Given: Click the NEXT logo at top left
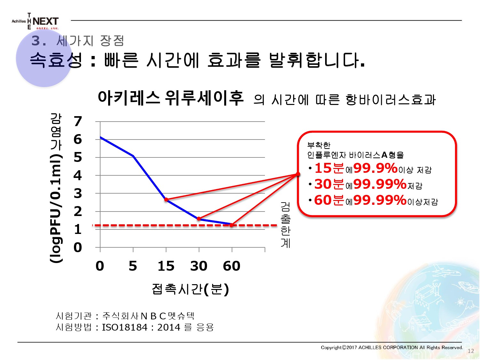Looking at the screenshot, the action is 35,21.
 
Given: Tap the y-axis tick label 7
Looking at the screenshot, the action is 78,121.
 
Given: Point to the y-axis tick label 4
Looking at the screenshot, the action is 78,175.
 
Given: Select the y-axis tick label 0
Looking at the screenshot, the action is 78,247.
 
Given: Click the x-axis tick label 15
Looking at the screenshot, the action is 166,266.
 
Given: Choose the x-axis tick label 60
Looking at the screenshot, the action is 232,266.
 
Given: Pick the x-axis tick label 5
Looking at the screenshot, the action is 133,266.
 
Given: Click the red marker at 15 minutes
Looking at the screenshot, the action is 166,200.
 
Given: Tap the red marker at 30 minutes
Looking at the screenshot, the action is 199,219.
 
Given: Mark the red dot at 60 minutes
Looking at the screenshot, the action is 232,225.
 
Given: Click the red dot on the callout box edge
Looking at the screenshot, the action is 298,174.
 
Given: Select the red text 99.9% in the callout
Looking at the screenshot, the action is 375,168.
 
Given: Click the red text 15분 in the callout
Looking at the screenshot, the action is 329,168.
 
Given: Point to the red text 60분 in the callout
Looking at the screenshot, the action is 329,200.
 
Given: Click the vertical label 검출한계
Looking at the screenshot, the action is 285,225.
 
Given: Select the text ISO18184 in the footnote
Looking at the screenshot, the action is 125,327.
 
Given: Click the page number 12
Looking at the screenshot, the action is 471,351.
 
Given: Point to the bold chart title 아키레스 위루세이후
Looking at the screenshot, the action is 171,98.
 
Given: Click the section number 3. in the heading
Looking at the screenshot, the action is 39,41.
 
